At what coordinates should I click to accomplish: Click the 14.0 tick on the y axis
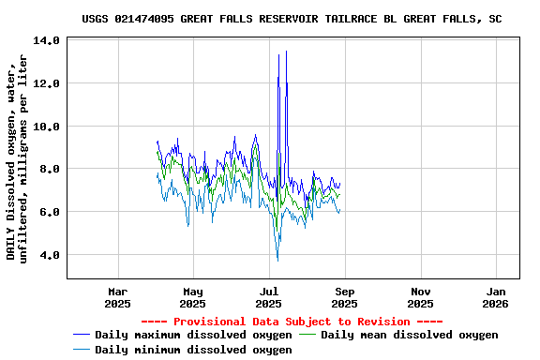click(46, 40)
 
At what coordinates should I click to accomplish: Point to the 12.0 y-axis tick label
click(46, 83)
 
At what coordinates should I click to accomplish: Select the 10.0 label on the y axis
click(46, 127)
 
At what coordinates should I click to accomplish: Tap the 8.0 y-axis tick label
click(50, 169)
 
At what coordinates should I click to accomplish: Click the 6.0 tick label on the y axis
click(50, 212)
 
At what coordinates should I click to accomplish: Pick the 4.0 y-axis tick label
click(50, 255)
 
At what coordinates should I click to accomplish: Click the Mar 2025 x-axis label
click(117, 297)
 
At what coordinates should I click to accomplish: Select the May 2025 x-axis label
click(192, 297)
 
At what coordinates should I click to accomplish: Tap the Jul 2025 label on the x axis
click(268, 297)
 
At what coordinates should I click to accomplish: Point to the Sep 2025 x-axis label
click(344, 297)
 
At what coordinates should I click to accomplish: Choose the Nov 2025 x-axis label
click(420, 297)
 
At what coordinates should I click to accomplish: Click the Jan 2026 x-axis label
click(496, 297)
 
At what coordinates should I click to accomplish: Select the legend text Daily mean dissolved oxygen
click(410, 335)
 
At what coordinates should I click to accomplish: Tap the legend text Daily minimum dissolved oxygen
click(193, 350)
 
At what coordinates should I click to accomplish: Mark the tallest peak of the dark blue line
click(286, 51)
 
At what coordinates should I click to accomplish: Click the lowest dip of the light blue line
click(277, 261)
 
